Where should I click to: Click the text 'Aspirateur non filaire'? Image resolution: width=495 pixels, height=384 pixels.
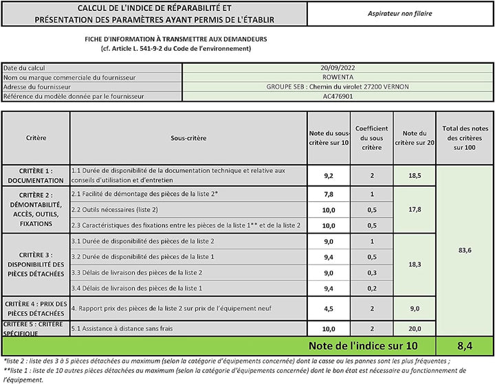click(401, 13)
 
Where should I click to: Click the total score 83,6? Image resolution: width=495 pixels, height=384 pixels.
click(465, 250)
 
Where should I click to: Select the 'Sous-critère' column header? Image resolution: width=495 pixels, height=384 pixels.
click(188, 137)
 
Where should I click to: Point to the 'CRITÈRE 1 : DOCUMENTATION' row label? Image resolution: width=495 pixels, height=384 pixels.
click(36, 175)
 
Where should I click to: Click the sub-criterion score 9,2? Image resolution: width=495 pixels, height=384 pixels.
click(328, 175)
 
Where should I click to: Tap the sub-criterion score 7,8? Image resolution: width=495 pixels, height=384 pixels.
click(328, 194)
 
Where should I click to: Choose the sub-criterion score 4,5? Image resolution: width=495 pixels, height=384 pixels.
click(328, 308)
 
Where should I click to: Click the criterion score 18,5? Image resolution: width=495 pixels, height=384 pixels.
click(415, 175)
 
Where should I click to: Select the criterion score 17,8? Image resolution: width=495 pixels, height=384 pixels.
click(415, 210)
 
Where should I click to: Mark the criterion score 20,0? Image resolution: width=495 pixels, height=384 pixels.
click(415, 329)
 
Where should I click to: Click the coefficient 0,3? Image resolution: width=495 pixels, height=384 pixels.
click(372, 272)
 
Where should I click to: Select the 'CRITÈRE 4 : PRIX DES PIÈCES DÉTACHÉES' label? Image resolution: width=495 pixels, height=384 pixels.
click(36, 308)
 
